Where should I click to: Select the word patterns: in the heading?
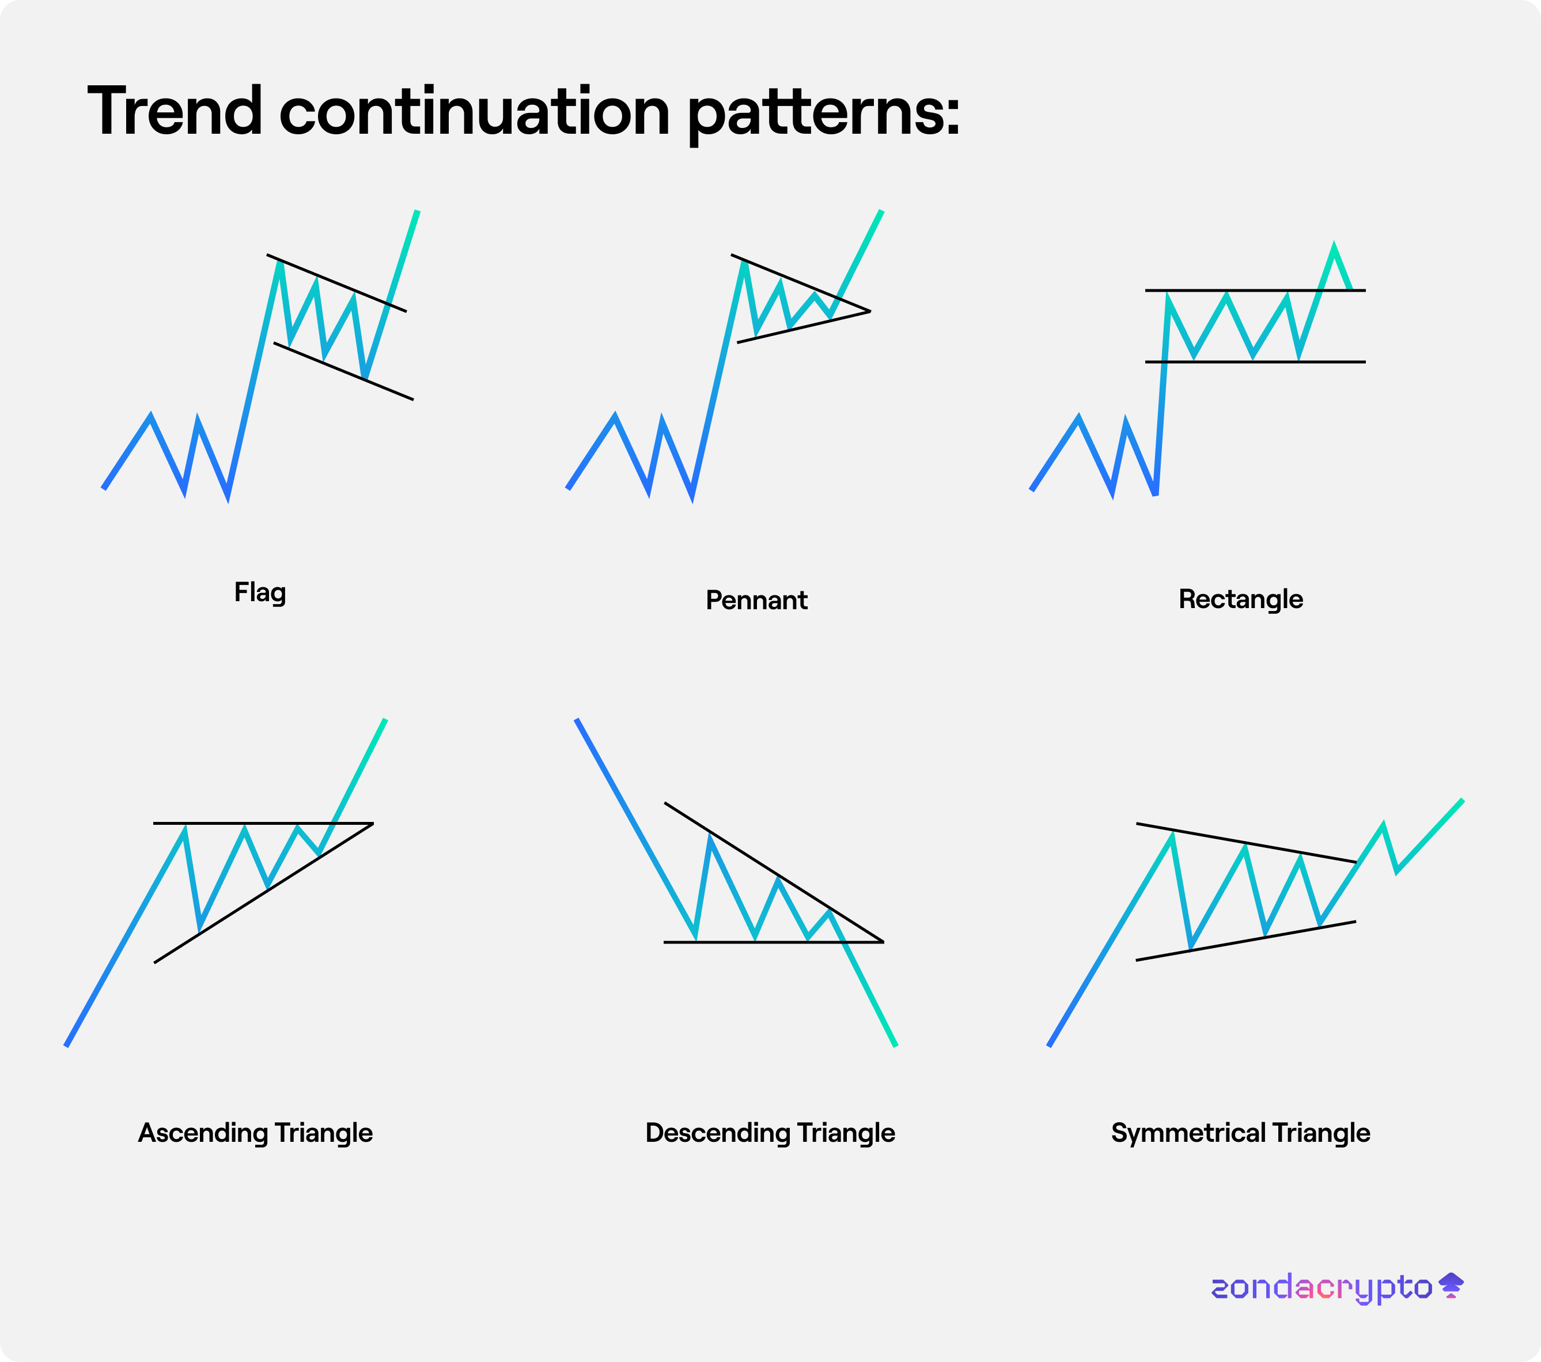(824, 115)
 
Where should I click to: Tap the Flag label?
(260, 593)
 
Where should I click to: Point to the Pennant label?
(756, 600)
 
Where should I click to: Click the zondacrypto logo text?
(1322, 1287)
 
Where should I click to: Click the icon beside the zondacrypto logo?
(1451, 1285)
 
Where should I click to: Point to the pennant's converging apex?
(870, 311)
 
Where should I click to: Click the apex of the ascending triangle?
(373, 824)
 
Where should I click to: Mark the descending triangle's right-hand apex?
(883, 942)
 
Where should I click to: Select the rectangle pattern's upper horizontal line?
(1255, 290)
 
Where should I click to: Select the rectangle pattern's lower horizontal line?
(1255, 362)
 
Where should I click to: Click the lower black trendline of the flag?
(344, 371)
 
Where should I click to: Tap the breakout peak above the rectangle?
(1334, 245)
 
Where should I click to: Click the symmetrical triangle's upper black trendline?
(1246, 843)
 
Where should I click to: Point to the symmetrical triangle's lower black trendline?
(1246, 941)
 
